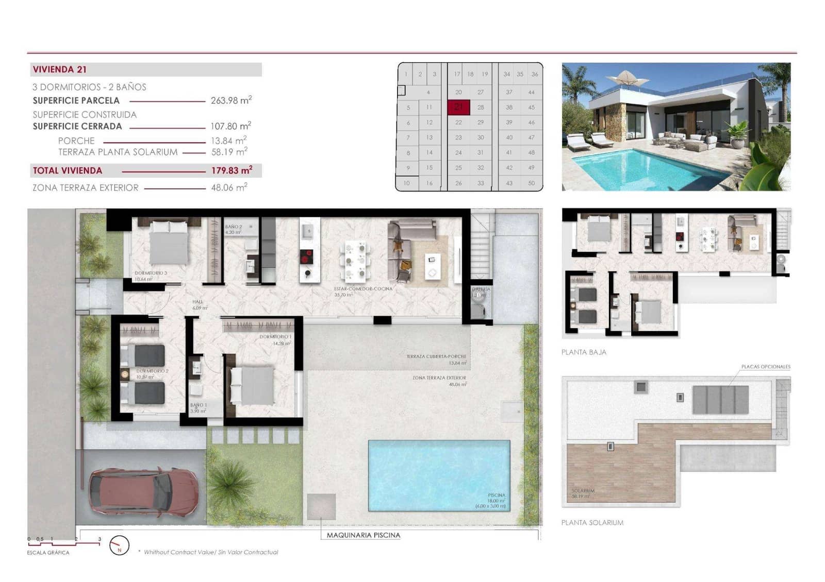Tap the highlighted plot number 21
point(458,107)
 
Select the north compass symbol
point(119,545)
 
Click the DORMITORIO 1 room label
point(275,337)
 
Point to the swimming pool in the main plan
point(438,475)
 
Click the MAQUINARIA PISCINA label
point(364,535)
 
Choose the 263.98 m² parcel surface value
point(231,100)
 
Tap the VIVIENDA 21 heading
point(60,70)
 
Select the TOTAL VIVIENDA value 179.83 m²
point(232,170)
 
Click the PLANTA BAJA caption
point(584,352)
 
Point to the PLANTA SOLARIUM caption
point(592,522)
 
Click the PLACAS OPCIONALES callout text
point(766,367)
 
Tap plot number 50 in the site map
point(532,183)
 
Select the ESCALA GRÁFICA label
point(48,553)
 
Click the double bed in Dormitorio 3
point(169,243)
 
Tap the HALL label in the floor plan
point(197,302)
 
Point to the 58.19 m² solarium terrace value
point(229,152)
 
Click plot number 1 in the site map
point(406,74)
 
